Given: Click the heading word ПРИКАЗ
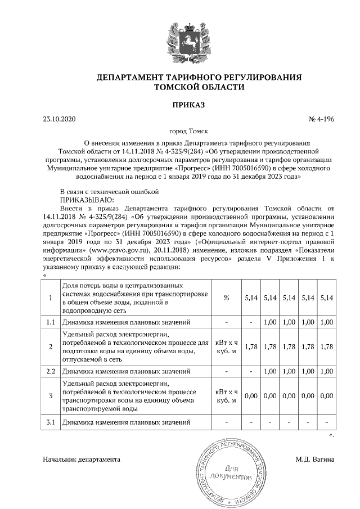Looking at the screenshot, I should pyautogui.click(x=180, y=105).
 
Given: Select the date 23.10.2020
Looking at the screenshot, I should pyautogui.click(x=58, y=119).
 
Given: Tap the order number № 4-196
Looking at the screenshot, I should pyautogui.click(x=321, y=119).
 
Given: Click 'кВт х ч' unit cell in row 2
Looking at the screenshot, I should pyautogui.click(x=226, y=343).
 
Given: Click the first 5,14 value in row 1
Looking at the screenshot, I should pyautogui.click(x=251, y=298).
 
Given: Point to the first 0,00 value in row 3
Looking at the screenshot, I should pyautogui.click(x=251, y=397).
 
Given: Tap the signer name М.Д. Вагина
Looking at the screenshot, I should pyautogui.click(x=315, y=460).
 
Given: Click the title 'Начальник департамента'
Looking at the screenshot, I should pyautogui.click(x=82, y=460).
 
